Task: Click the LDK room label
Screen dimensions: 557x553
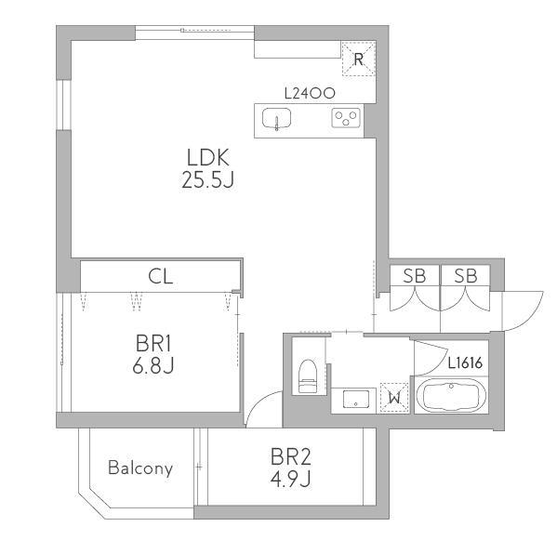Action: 208,158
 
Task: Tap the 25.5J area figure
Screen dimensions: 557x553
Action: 207,179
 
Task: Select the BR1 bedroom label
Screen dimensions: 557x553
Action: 153,344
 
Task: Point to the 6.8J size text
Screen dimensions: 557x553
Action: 153,365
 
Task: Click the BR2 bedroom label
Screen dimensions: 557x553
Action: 290,456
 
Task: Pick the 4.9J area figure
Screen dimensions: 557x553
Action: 290,479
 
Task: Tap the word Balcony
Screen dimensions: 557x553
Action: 140,467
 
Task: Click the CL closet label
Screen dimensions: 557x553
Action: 161,276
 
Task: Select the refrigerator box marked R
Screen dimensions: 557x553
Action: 358,59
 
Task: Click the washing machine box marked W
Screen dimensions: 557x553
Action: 394,398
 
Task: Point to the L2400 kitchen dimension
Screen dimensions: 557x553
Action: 310,93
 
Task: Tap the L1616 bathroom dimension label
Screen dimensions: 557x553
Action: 465,362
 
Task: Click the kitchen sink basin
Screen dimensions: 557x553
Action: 276,118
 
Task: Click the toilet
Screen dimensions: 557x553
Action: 308,376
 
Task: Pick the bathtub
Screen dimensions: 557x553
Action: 451,395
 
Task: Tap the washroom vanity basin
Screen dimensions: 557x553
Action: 355,400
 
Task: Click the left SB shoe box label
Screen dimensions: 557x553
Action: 415,275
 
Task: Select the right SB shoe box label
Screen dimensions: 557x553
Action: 466,275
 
